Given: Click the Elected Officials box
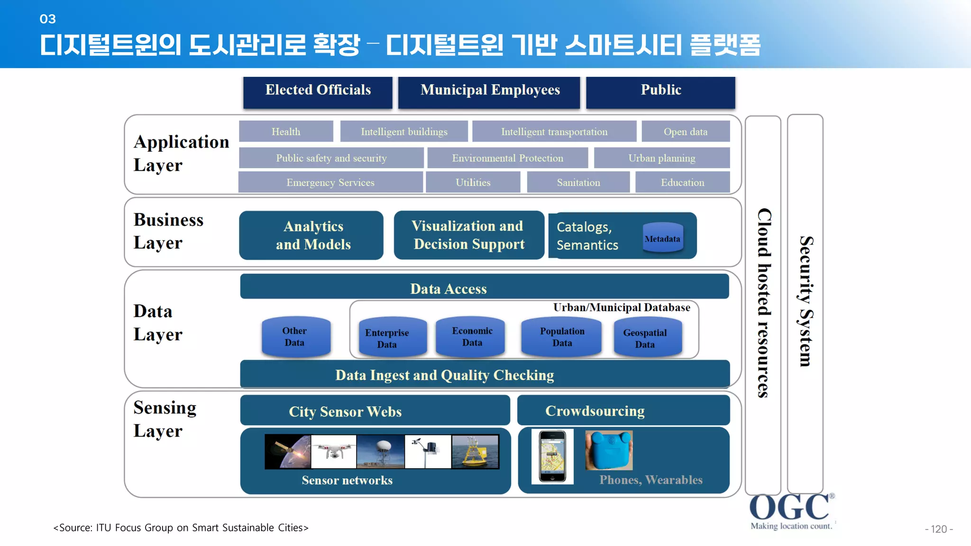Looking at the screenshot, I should tap(318, 92).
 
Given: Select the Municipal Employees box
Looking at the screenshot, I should tap(489, 92).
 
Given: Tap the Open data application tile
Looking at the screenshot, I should tap(685, 131).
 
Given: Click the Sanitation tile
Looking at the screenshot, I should tap(578, 182).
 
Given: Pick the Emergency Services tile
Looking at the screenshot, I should tap(330, 182).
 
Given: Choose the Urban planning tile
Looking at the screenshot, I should tap(661, 158).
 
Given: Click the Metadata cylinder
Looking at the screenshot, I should tap(662, 238).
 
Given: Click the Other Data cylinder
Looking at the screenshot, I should tap(295, 337).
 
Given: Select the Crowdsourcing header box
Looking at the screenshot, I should tap(623, 410).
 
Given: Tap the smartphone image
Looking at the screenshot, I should tap(552, 456).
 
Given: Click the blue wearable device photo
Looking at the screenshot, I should tap(609, 451).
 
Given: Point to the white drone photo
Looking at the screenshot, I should tap(334, 452).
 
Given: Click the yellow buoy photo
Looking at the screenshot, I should tap(475, 452).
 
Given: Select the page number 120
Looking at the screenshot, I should tap(938, 529).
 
